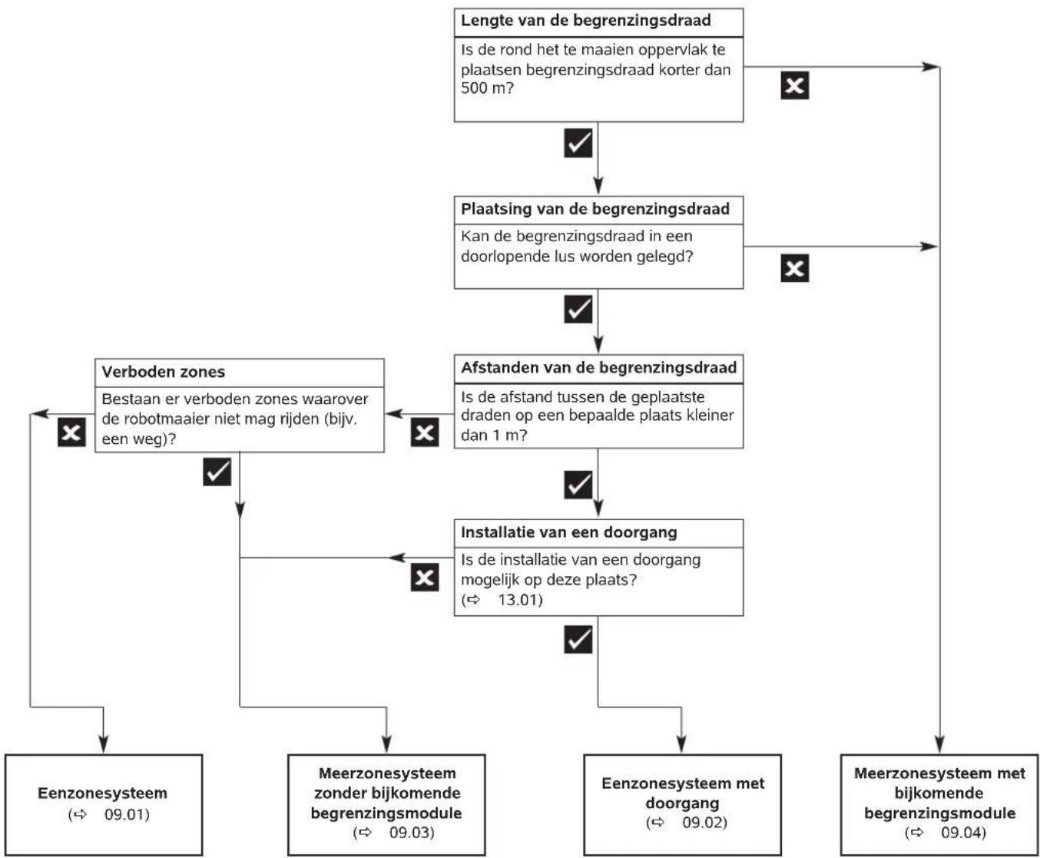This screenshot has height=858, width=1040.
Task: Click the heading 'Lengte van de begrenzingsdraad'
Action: (x=586, y=21)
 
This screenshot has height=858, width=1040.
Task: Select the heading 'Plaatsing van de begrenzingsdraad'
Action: (x=595, y=209)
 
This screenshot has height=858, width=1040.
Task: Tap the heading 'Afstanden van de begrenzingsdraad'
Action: (x=598, y=368)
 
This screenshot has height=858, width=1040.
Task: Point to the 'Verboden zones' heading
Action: (x=164, y=372)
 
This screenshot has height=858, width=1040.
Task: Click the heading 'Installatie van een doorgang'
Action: (x=569, y=532)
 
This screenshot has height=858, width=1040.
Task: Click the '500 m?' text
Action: (x=487, y=88)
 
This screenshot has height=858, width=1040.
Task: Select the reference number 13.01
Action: (x=520, y=599)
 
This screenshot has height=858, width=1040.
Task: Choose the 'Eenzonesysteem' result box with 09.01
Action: (x=104, y=805)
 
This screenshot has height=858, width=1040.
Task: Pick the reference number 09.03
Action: (x=412, y=832)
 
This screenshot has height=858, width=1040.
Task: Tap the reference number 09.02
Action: (x=704, y=822)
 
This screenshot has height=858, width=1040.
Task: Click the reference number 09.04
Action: (x=963, y=832)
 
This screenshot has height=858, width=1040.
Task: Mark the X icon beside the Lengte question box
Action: (x=794, y=85)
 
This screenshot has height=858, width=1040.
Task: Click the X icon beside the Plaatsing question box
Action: (x=794, y=268)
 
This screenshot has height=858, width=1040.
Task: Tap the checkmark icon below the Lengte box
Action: (x=578, y=143)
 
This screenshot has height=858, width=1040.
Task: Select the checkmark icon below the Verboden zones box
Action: (x=217, y=472)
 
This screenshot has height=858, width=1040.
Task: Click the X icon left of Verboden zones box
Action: (x=71, y=432)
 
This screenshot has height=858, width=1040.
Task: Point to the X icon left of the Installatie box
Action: (x=425, y=577)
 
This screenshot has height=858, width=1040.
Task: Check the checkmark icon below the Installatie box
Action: (x=578, y=639)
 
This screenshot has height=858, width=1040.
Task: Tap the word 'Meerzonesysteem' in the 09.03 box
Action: (x=388, y=773)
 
